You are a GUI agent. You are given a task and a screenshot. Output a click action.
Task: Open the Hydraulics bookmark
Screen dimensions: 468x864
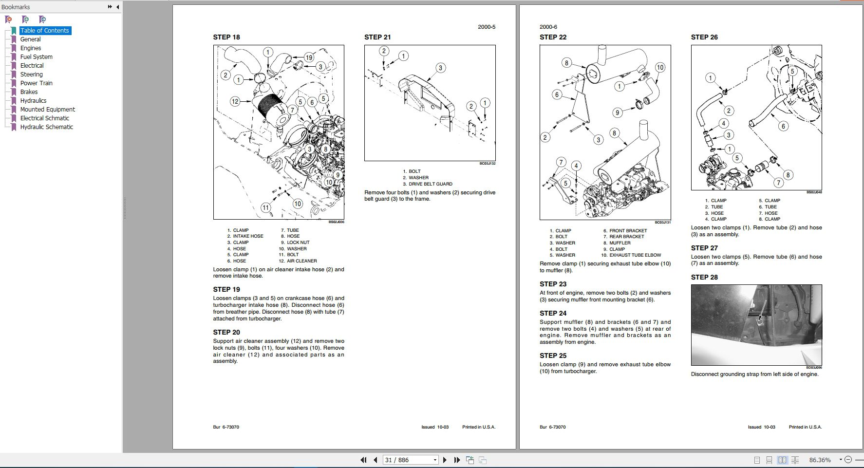pos(33,101)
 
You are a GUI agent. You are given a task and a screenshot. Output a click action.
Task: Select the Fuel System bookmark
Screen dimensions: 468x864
pos(36,57)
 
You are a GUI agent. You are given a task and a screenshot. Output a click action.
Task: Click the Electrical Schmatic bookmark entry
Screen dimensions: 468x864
pos(44,118)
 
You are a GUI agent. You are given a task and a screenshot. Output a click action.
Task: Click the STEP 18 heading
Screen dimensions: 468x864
pos(226,37)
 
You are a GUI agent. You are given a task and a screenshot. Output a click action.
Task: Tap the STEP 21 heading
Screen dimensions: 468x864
pos(377,37)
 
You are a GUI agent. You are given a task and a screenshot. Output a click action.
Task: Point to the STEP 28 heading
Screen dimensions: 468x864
pos(704,277)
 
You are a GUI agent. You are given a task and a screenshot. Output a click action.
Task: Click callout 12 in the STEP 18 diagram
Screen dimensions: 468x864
pos(235,101)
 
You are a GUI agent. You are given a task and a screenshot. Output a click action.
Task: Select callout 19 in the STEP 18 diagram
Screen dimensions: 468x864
pos(309,57)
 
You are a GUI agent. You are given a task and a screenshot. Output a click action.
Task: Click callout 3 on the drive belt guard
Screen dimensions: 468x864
pos(440,68)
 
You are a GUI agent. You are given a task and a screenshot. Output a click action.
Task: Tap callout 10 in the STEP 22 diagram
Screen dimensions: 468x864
pos(660,67)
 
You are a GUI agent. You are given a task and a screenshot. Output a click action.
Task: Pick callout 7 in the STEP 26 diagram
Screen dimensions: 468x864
pos(778,183)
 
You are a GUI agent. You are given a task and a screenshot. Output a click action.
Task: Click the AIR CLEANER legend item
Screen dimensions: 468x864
pos(301,261)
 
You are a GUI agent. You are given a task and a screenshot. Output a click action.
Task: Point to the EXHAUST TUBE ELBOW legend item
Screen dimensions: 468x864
pos(635,255)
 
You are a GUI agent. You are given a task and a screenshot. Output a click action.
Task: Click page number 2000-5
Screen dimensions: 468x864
pos(487,27)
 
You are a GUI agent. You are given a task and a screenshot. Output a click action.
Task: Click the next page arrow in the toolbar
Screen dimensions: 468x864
pos(444,460)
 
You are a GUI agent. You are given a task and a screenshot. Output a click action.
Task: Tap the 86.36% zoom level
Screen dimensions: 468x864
pos(820,460)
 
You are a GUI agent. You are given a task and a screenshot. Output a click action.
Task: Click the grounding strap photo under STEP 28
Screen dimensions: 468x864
pos(756,325)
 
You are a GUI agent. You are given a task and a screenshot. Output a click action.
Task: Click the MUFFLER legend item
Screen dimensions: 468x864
pos(620,243)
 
